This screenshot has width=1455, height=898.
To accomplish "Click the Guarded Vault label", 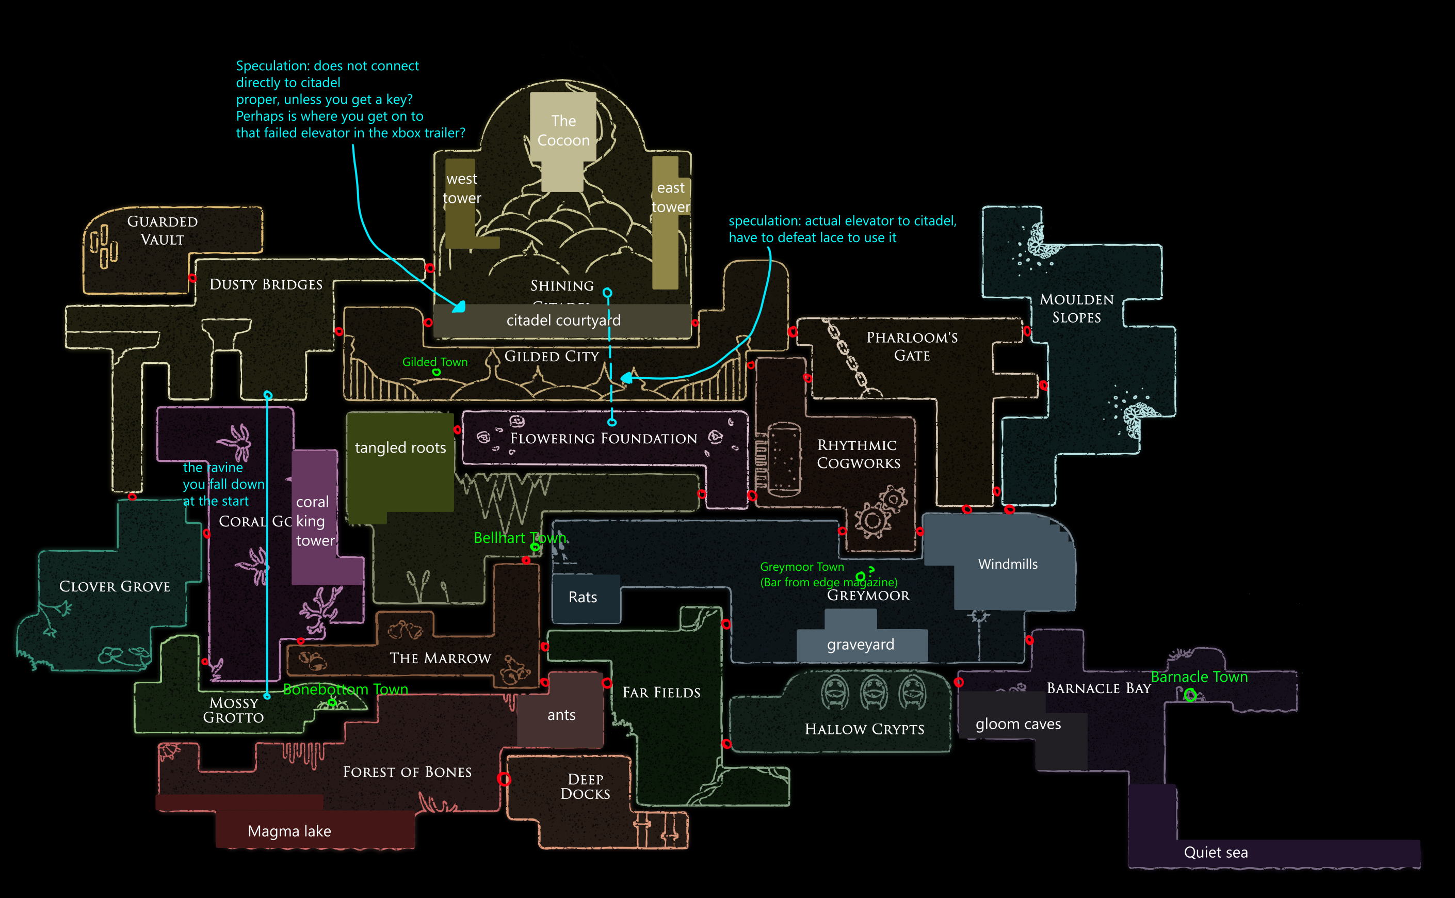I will click(x=162, y=231).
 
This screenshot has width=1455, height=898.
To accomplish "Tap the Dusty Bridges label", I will click(x=266, y=284).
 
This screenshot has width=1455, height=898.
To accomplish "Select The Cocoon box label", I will click(x=563, y=131).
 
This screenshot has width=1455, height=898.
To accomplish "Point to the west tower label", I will click(x=462, y=188).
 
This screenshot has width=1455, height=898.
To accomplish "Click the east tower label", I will click(x=671, y=197).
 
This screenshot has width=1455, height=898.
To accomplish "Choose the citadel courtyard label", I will click(x=563, y=320).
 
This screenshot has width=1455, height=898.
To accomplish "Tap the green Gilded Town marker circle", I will click(x=436, y=373).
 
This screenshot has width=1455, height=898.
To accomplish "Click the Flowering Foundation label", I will click(x=603, y=438).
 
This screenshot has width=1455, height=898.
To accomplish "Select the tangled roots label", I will click(x=400, y=448).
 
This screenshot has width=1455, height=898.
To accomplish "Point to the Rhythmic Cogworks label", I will click(x=859, y=454).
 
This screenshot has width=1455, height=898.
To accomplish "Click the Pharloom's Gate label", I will click(x=912, y=346).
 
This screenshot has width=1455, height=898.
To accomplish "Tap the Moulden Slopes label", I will click(x=1076, y=308).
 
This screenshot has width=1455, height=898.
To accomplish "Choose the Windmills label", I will click(x=1007, y=564).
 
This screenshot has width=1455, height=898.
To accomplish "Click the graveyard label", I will click(x=860, y=645).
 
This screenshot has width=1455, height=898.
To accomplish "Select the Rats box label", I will click(x=583, y=598).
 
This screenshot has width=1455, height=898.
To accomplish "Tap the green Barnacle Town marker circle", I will click(x=1190, y=695).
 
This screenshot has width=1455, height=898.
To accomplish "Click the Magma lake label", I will click(x=289, y=831).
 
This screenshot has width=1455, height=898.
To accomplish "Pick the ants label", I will click(x=561, y=715).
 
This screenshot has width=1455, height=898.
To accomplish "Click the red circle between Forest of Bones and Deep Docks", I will click(x=504, y=779).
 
